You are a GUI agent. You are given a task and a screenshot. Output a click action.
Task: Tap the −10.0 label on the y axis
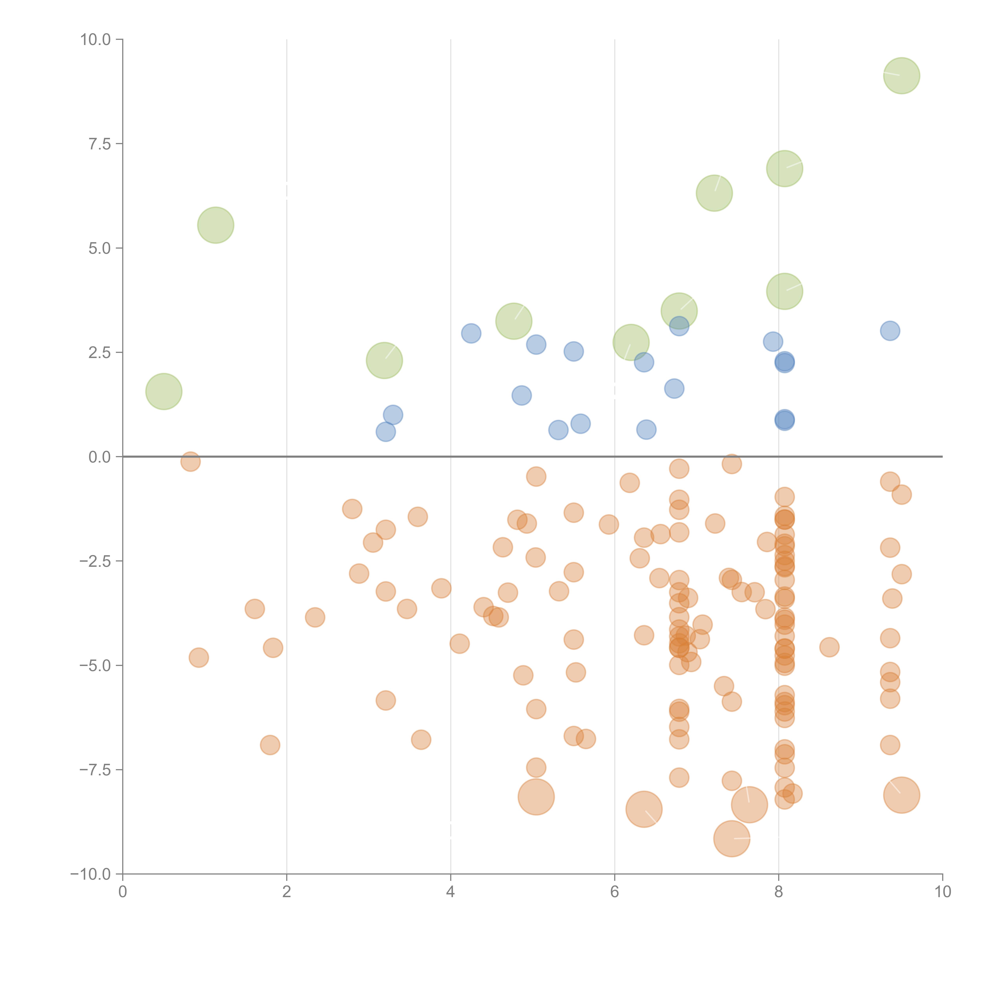point(91,874)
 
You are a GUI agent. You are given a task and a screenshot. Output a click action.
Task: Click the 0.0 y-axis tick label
point(100,457)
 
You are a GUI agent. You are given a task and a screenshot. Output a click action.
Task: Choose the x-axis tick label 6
point(615,892)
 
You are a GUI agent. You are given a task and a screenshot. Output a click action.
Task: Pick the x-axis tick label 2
point(287,892)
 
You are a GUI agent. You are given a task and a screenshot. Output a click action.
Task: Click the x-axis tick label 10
point(942,892)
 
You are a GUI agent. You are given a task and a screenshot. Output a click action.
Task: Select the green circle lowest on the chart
point(164,391)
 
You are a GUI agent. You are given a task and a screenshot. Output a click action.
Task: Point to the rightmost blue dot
point(889,331)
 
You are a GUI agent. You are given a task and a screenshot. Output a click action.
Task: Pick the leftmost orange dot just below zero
point(190,462)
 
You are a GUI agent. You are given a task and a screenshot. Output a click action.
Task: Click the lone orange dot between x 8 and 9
point(829,647)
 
